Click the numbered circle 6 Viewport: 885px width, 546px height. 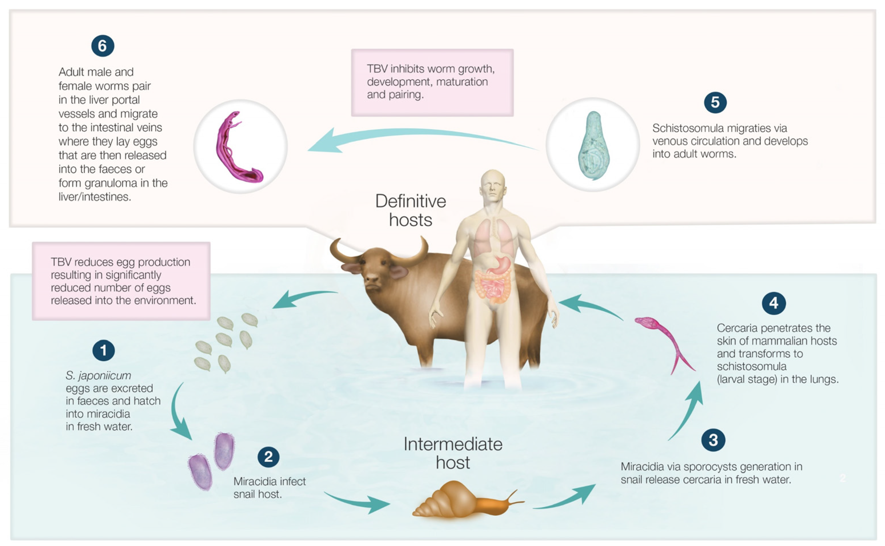(x=103, y=46)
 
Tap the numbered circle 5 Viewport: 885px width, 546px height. (x=715, y=102)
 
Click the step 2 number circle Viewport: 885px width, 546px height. (x=268, y=457)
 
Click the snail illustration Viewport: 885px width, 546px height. (x=466, y=500)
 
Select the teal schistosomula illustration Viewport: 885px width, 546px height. (x=593, y=146)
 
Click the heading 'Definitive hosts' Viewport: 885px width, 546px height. (x=411, y=211)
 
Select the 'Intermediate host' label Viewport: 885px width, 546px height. (x=453, y=453)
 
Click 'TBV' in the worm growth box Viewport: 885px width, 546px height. (x=378, y=69)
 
